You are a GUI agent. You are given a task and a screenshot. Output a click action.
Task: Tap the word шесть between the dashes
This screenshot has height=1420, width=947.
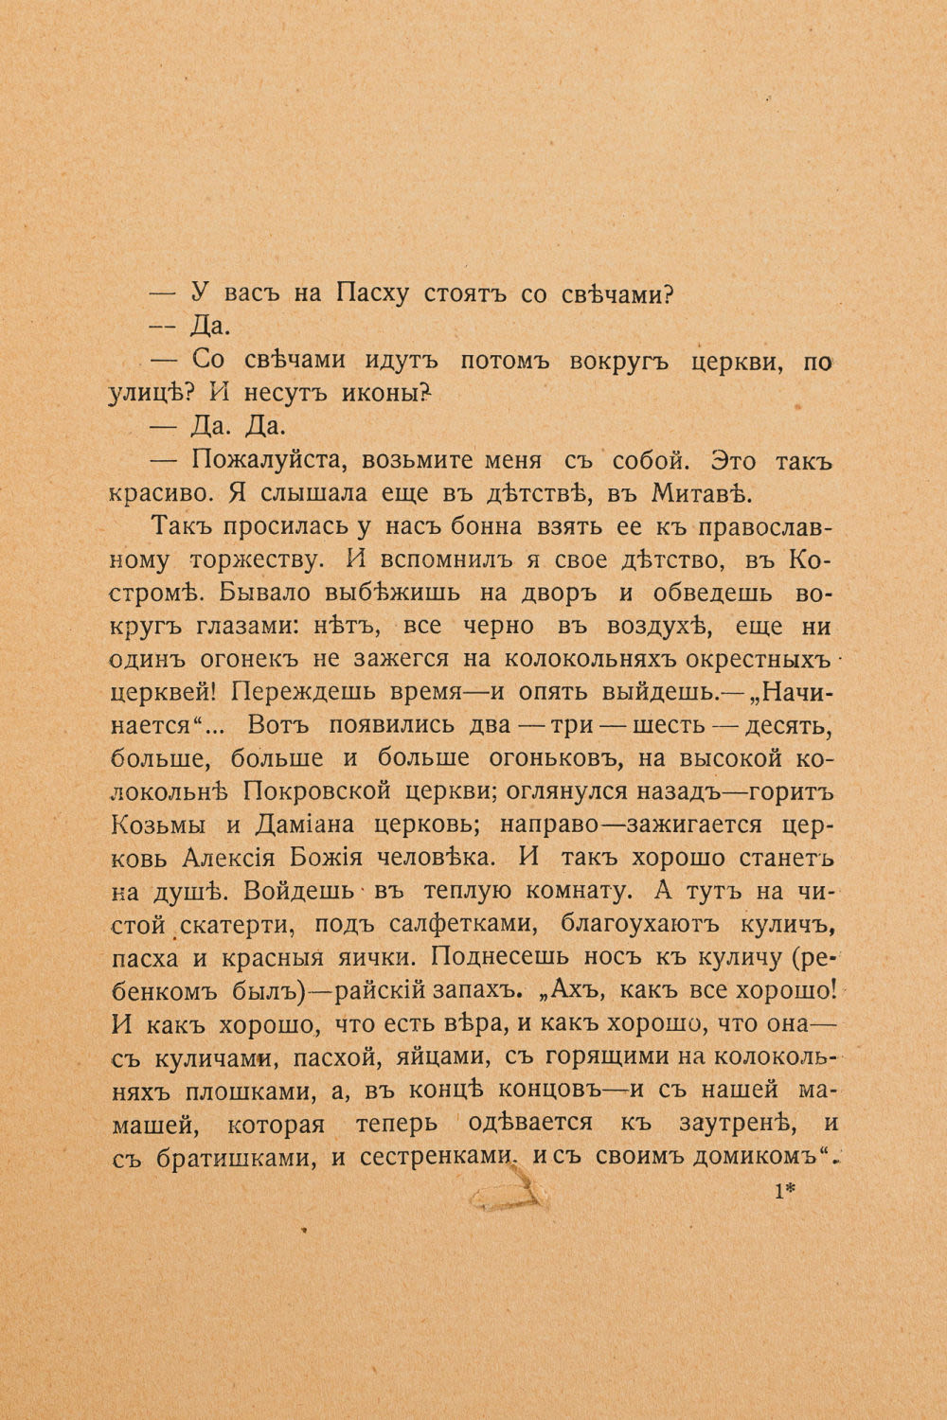671,725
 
